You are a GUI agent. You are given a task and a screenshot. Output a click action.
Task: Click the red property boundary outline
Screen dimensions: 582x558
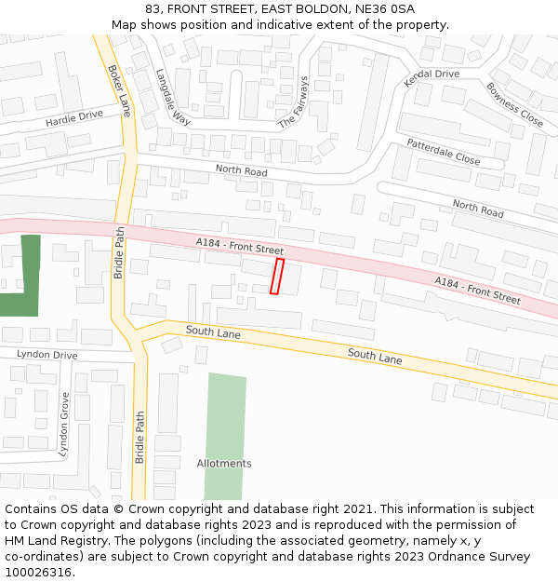(x=276, y=277)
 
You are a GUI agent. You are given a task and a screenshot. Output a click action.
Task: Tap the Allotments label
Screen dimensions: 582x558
(x=224, y=464)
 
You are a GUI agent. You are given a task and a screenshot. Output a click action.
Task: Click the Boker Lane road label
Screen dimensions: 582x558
(x=118, y=90)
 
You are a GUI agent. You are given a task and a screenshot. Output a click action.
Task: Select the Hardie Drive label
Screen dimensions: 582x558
(x=74, y=118)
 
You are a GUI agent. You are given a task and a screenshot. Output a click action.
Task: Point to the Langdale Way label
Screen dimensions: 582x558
(x=173, y=97)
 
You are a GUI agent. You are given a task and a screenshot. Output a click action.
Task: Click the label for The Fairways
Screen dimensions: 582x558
(x=293, y=102)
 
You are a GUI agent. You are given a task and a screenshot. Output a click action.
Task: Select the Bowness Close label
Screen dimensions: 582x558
(x=514, y=104)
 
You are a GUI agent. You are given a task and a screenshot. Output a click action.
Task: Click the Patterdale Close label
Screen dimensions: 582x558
(x=443, y=152)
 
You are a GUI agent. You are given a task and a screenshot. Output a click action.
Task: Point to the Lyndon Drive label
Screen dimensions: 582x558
(x=46, y=355)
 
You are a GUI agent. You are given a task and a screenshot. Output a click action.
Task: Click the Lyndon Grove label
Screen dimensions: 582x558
(x=64, y=425)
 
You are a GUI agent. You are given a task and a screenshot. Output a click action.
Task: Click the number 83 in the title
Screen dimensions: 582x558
(x=152, y=8)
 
